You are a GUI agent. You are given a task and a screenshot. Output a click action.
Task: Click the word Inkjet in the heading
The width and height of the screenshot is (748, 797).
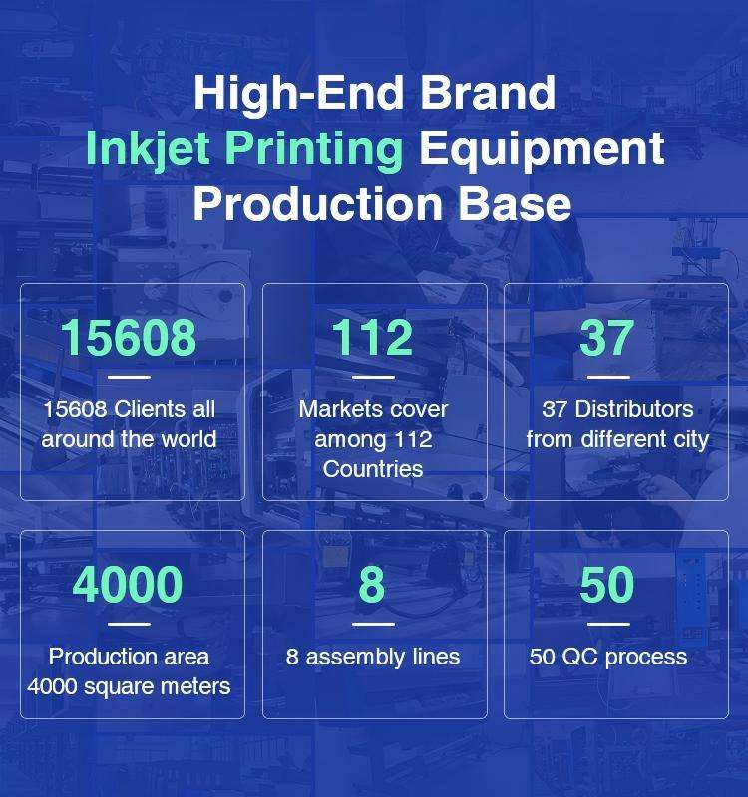[x=148, y=149]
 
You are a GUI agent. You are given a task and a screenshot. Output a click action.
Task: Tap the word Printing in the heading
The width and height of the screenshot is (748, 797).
[x=314, y=149]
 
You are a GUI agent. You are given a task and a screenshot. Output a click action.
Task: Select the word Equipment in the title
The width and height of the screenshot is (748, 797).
[x=542, y=149]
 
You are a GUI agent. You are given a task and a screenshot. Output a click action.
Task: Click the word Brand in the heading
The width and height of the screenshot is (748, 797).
[x=487, y=92]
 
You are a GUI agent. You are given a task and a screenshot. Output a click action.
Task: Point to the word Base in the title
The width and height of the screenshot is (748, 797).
[x=515, y=204]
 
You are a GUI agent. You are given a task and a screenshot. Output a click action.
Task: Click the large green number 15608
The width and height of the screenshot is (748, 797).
[x=129, y=337]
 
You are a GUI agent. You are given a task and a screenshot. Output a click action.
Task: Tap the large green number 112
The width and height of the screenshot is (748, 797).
[x=372, y=337]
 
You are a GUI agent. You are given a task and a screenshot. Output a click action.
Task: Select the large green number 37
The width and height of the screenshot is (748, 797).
[x=606, y=337]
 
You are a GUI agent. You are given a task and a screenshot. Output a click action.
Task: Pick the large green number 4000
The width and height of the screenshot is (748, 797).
[x=128, y=584]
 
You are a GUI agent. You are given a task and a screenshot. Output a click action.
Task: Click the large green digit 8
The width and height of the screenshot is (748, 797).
[x=372, y=584]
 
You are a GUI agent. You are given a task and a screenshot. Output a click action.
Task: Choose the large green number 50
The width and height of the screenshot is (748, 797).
[x=607, y=584]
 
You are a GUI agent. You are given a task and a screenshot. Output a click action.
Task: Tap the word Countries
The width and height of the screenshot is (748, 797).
[x=373, y=469]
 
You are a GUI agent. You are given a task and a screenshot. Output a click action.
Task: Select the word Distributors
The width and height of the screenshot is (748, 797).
[x=634, y=409]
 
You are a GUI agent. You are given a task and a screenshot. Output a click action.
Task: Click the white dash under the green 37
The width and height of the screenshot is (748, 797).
[x=608, y=378]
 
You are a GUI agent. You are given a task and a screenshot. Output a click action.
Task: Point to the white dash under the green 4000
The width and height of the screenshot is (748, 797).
[x=130, y=624]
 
